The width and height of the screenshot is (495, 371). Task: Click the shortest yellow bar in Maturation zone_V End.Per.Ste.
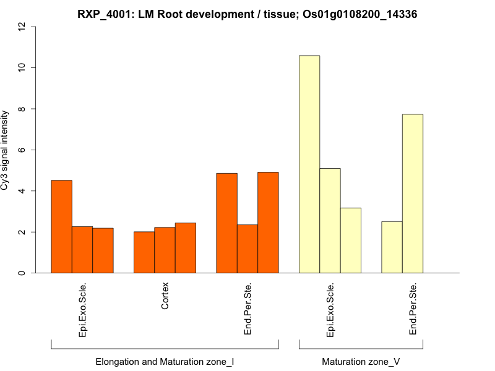(x=392, y=247)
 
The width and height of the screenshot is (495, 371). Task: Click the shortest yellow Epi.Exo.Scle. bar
(x=351, y=241)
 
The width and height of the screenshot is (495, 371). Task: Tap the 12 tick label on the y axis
(x=22, y=27)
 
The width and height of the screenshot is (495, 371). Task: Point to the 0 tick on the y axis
(x=22, y=273)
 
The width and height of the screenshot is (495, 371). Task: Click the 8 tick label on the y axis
(x=22, y=109)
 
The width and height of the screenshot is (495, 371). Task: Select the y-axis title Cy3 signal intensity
(x=6, y=150)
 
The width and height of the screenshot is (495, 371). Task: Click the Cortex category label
(x=165, y=296)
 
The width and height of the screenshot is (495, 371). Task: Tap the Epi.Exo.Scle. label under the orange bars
(x=82, y=310)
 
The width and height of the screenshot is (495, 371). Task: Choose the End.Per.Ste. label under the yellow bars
(x=413, y=309)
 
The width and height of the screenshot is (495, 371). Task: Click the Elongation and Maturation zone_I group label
(x=165, y=361)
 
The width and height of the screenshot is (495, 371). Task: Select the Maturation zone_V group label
(x=361, y=361)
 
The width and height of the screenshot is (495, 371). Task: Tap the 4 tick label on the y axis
(x=22, y=191)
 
